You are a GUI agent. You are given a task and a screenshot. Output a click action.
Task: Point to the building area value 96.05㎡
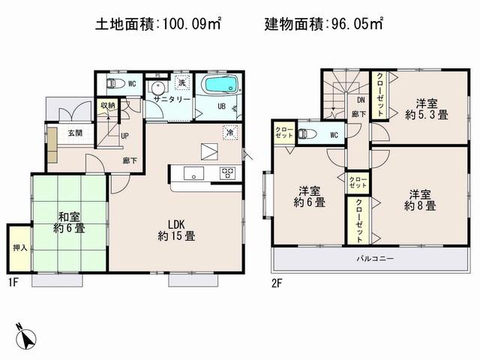(x=355, y=24)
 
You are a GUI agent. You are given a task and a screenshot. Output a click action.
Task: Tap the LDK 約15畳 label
(x=176, y=229)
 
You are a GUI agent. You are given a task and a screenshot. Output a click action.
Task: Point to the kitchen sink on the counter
(x=192, y=174)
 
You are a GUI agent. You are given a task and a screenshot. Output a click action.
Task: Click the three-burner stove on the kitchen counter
(x=229, y=173)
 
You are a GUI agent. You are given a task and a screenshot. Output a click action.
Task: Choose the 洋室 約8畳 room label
(x=421, y=198)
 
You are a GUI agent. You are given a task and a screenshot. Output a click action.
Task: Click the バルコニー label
(x=374, y=259)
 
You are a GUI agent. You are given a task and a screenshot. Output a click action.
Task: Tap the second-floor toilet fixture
(x=305, y=135)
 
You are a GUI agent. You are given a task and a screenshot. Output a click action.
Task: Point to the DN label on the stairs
(x=360, y=100)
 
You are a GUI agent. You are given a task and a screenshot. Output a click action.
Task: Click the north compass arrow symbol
(x=25, y=337)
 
